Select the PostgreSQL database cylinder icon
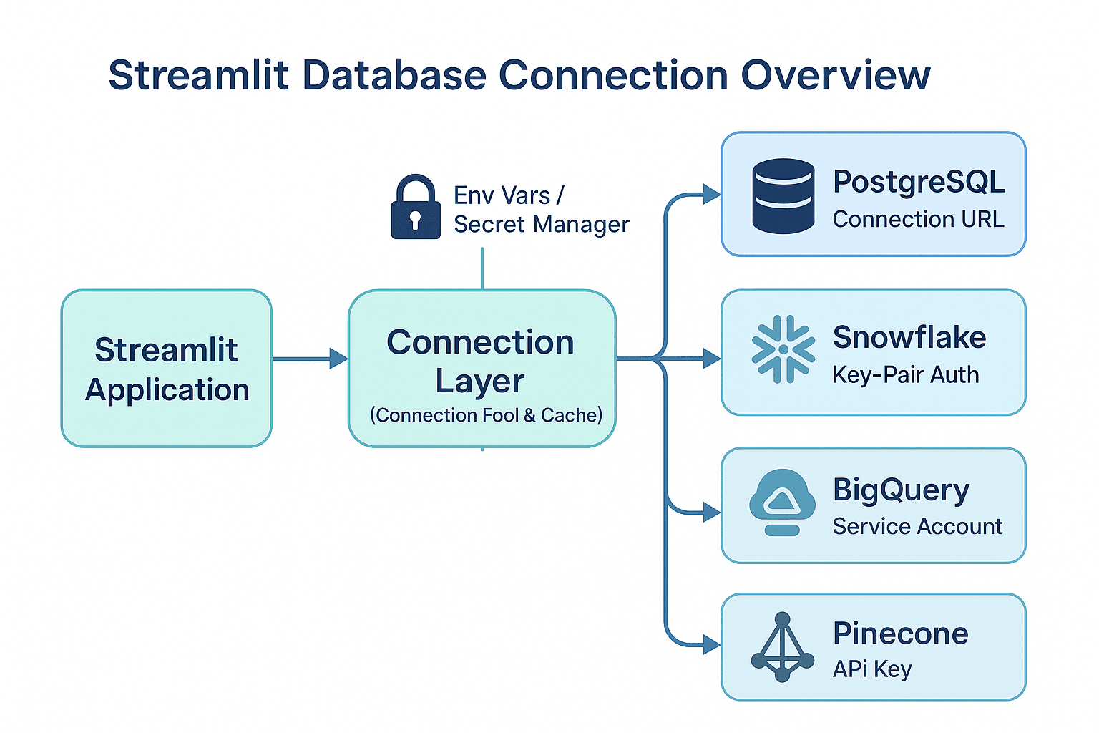pyautogui.click(x=783, y=196)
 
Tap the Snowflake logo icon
pyautogui.click(x=783, y=349)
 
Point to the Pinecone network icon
pyautogui.click(x=782, y=647)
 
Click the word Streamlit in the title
pyautogui.click(x=198, y=75)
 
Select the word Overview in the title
pyautogui.click(x=835, y=75)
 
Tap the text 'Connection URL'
pyautogui.click(x=918, y=219)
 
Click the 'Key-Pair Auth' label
pyautogui.click(x=905, y=374)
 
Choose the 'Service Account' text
pyautogui.click(x=917, y=526)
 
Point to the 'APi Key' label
pyautogui.click(x=872, y=669)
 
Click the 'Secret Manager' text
pyautogui.click(x=541, y=225)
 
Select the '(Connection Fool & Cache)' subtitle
pyautogui.click(x=486, y=415)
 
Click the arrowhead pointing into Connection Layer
pyautogui.click(x=338, y=359)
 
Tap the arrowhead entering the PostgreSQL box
pyautogui.click(x=712, y=194)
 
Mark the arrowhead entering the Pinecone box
pyautogui.click(x=712, y=645)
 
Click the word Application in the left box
pyautogui.click(x=167, y=390)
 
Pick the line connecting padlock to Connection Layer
pyautogui.click(x=482, y=268)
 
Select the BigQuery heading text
pyautogui.click(x=901, y=490)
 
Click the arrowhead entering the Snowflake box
pyautogui.click(x=712, y=359)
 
